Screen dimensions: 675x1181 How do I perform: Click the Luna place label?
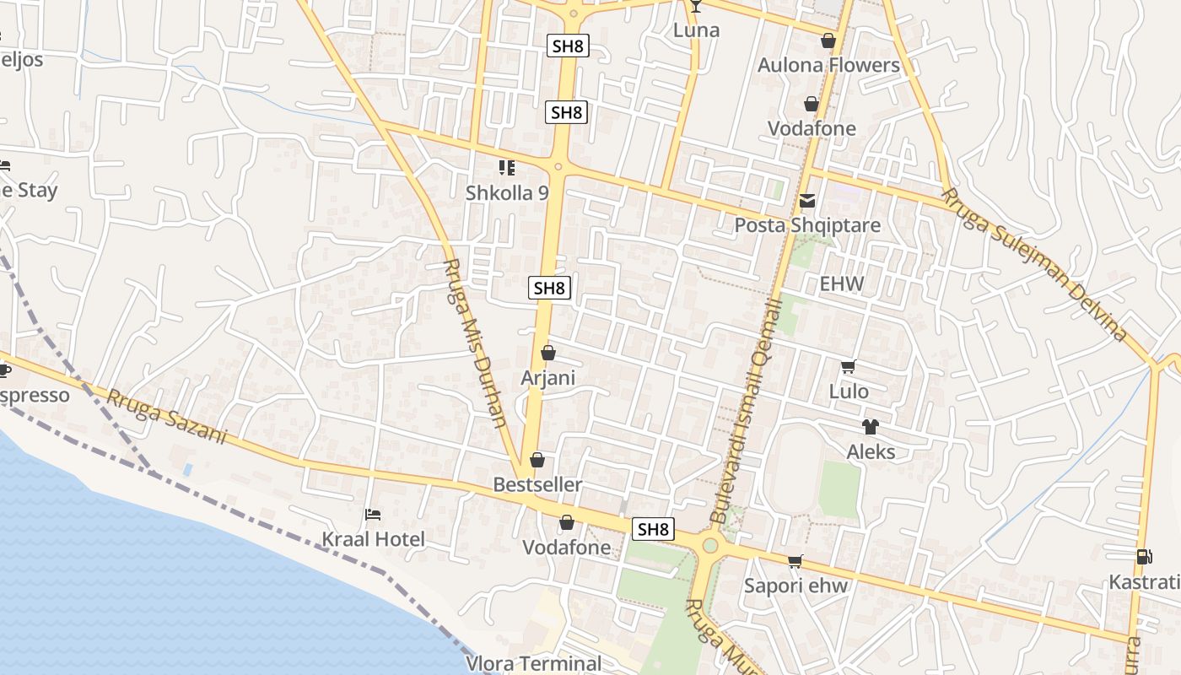pos(696,30)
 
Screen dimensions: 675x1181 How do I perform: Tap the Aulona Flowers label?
pos(828,65)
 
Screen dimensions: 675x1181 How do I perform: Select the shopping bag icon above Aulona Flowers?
pos(828,40)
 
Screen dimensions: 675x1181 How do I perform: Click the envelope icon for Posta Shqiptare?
pos(807,201)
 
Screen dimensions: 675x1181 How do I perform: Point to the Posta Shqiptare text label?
pos(807,225)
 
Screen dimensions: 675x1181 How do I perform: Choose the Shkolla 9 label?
pos(507,192)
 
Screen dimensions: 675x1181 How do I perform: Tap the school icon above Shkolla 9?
pos(506,168)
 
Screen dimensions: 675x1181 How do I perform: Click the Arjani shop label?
pos(547,377)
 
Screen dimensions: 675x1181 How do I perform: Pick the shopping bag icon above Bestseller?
pos(537,460)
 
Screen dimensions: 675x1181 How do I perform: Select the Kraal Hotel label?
pos(374,539)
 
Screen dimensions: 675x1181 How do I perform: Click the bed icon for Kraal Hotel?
pos(373,514)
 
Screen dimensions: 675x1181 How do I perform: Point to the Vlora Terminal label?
pos(534,663)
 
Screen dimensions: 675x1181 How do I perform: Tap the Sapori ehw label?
pos(795,586)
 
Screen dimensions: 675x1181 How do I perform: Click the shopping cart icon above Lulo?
pos(849,366)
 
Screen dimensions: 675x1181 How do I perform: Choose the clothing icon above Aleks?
pos(871,427)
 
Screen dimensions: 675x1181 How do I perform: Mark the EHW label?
pos(842,283)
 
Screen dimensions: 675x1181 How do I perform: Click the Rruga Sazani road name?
pos(167,417)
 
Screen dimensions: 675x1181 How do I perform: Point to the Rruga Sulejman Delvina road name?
pos(1034,264)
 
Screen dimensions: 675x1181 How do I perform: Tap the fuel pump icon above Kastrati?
pos(1144,557)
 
